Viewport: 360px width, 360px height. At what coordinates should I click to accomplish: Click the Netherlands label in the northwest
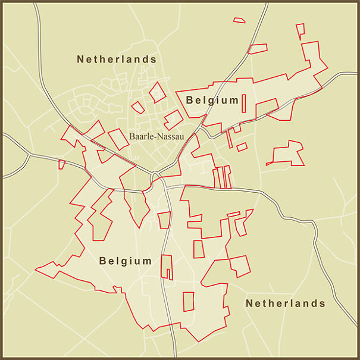pos(117,60)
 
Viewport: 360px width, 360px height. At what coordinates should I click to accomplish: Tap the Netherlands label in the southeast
pos(286,303)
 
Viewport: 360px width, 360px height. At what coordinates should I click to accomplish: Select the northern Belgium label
pos(212,100)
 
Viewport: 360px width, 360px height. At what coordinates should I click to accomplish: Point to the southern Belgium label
pos(126,261)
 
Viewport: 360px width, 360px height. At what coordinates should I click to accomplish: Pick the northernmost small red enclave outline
pos(239,20)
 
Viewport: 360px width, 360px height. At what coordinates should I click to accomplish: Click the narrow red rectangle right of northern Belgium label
pos(244,103)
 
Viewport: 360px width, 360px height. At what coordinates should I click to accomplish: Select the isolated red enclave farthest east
pos(286,153)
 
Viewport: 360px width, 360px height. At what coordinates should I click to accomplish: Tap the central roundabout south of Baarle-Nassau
pos(156,176)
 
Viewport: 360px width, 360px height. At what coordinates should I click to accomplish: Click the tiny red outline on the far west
pos(62,164)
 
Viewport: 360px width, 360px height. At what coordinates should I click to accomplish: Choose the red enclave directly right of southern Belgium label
pos(167,267)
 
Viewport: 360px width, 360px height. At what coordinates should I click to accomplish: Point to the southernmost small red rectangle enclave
pos(189,301)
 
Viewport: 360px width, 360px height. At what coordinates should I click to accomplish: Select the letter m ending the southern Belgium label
pos(147,261)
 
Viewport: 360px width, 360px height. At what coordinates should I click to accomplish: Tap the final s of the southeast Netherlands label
pos(322,303)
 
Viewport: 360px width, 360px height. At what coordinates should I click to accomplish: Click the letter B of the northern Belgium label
pos(190,100)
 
